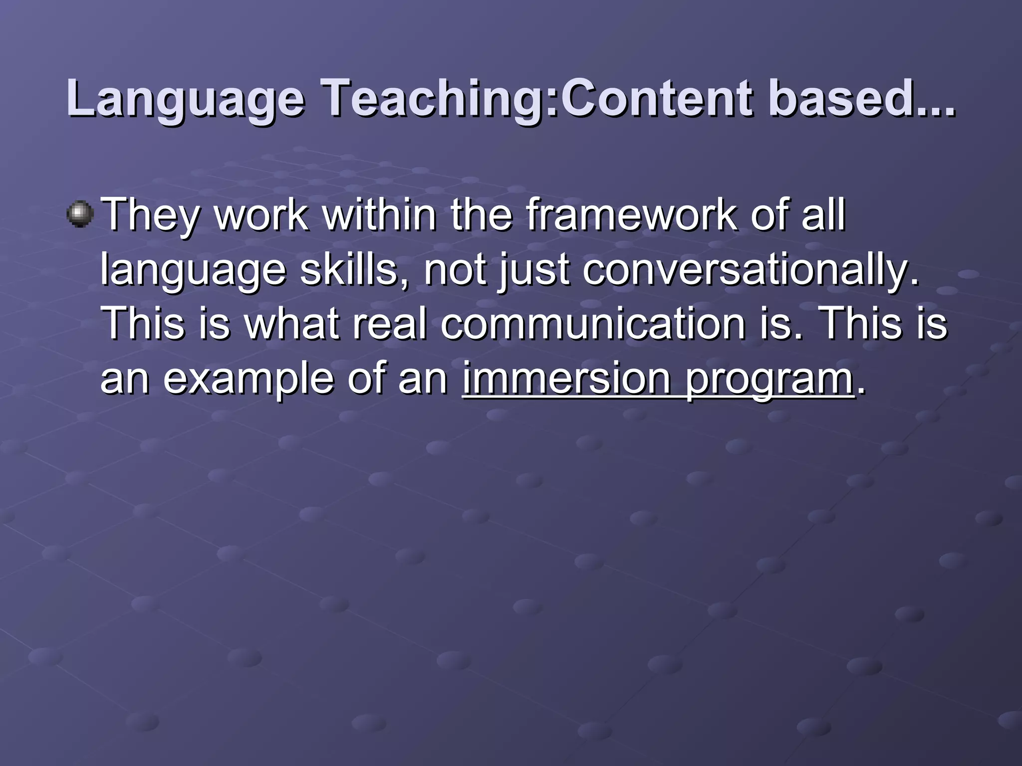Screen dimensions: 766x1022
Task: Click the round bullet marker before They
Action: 80,214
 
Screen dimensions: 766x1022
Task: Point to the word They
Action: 150,215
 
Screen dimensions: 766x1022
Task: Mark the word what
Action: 291,324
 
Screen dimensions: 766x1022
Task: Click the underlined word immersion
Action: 566,379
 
